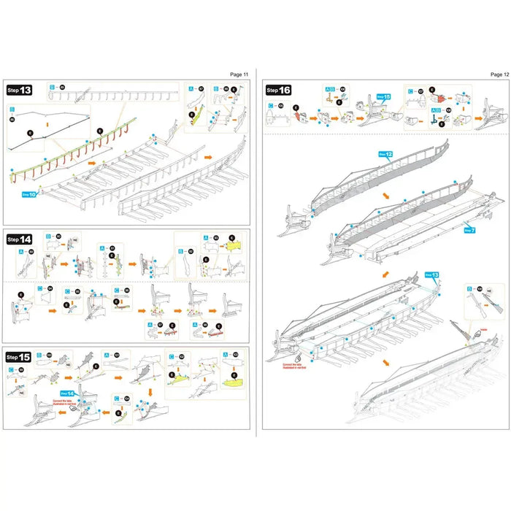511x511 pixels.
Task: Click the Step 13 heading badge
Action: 20,91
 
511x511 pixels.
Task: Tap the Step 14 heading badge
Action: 20,239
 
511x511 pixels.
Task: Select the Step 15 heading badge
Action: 20,357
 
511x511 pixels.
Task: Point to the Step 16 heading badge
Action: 279,90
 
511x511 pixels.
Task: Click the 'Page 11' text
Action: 239,74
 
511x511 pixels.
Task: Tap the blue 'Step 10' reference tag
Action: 28,195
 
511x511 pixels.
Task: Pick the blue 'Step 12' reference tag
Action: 385,155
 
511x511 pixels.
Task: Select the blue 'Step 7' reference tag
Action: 469,230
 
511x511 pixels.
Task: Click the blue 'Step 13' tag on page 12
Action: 431,275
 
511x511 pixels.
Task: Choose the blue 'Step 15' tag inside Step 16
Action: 385,96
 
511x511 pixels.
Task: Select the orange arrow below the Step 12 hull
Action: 385,196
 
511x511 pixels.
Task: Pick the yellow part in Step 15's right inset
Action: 232,383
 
